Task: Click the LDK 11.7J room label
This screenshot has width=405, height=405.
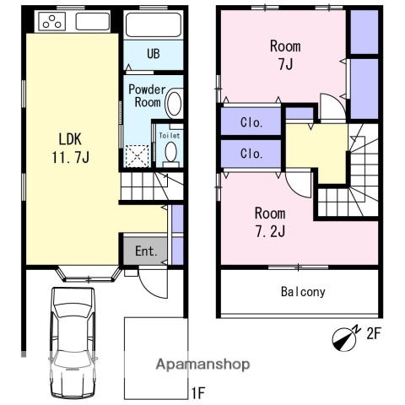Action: pos(70,148)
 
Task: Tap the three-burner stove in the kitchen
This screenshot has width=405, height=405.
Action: pos(52,21)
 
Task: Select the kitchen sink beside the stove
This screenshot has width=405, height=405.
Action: pos(92,21)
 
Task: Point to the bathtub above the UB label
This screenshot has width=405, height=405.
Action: pos(154,24)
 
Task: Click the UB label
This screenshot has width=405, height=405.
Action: pos(154,53)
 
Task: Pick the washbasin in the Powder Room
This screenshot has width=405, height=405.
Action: pos(174,103)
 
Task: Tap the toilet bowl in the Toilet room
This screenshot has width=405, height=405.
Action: pos(170,152)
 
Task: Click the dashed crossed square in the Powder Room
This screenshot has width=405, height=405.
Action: pos(137,156)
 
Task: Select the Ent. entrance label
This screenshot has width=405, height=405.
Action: pos(146,251)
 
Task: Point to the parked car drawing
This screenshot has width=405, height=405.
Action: pos(73,343)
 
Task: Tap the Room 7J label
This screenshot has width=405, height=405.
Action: pos(285,55)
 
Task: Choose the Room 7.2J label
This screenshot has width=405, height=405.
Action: pos(270,222)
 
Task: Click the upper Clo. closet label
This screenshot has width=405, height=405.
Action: pos(251,122)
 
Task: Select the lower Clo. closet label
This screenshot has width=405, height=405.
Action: pos(251,154)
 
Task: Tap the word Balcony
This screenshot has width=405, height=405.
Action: pos(303,292)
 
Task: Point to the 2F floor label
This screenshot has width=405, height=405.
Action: pos(373,333)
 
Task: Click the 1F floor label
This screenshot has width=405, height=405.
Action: pos(198,392)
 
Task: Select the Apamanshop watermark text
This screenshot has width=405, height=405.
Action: pos(202,364)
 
